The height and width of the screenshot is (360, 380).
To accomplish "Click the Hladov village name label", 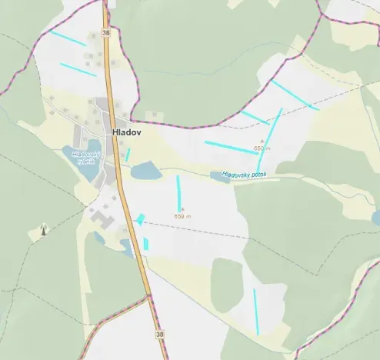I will pos(125,132).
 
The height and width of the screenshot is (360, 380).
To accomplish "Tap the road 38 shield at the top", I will pos(105,33).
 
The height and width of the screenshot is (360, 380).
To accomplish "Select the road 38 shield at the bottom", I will pos(159,335).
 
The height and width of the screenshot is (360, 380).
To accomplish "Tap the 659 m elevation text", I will pos(182,216).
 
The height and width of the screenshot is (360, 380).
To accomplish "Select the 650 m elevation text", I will pos(262,148).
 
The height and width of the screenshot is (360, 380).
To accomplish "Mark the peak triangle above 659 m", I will pos(182,208).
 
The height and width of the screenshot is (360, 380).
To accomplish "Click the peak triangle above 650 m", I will pos(262,142).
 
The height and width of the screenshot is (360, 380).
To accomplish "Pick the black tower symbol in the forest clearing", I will pos(43,228).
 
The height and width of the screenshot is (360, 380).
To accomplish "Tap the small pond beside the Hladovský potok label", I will pos(217,176).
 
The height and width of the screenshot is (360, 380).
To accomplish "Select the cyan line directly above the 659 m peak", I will pos(178,192).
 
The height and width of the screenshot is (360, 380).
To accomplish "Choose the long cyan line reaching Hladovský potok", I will pos(270,139).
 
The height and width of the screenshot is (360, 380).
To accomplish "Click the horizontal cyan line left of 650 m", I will pos(230,147).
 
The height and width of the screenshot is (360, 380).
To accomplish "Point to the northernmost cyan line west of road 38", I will pos(68,38).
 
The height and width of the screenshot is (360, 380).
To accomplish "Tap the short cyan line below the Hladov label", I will pos(128,155).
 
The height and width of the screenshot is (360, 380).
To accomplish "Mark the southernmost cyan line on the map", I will pos(256,312).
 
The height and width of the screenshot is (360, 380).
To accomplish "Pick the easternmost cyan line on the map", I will pos(295,95).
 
